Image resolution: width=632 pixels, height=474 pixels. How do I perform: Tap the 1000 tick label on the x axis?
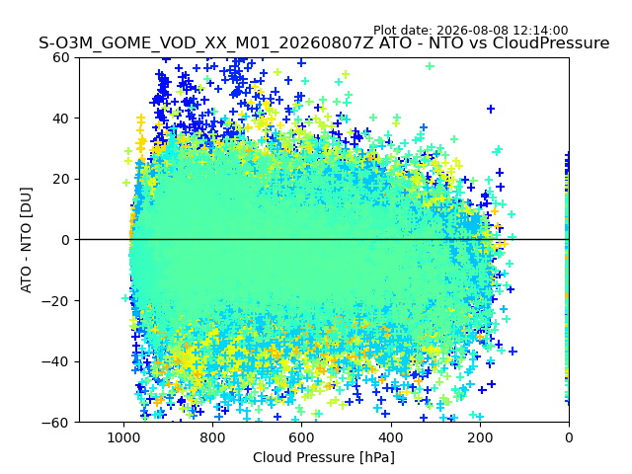(123, 437)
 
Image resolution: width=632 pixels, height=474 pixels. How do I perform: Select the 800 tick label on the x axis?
(212, 437)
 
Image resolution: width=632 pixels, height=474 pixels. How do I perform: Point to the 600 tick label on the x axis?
(301, 437)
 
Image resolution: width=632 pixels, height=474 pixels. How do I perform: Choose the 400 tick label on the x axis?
(391, 437)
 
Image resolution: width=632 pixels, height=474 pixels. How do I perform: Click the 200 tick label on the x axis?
(480, 437)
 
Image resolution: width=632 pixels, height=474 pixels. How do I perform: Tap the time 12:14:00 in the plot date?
(540, 31)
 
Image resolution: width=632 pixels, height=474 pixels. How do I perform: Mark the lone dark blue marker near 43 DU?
(491, 109)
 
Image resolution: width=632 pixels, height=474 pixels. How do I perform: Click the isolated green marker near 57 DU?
(431, 66)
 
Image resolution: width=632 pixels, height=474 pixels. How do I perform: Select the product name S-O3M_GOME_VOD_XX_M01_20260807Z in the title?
(206, 43)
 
